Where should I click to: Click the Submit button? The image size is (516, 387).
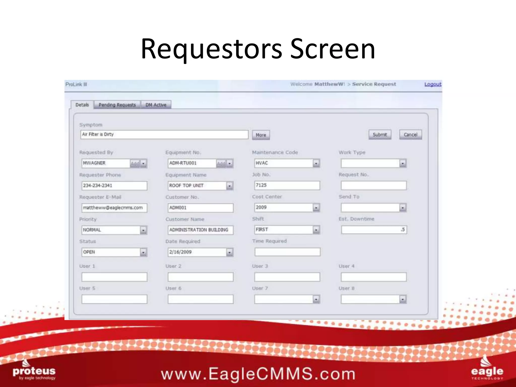pos(380,135)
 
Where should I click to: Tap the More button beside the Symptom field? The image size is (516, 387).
pos(261,135)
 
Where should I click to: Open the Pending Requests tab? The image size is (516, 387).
pos(117,105)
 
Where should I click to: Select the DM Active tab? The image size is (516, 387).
pos(156,105)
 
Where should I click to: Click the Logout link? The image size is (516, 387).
pos(433,84)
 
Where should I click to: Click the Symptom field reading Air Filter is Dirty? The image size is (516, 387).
pos(164,135)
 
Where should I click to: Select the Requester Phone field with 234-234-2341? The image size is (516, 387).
pos(114,186)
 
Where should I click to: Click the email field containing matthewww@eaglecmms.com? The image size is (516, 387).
pos(114,208)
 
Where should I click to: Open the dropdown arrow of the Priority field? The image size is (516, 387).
pos(143,230)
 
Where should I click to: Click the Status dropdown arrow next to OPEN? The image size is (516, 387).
pos(143,252)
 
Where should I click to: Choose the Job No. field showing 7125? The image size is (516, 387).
pos(287,185)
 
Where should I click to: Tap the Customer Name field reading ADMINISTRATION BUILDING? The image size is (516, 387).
pos(200,230)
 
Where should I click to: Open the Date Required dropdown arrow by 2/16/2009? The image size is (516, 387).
pos(230,252)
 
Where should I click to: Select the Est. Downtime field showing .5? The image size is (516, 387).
pos(374,230)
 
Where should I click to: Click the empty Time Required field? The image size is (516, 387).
pos(287,252)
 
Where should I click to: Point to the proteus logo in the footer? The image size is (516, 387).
pos(34,372)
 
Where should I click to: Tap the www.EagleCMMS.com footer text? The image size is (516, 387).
pos(258,374)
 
